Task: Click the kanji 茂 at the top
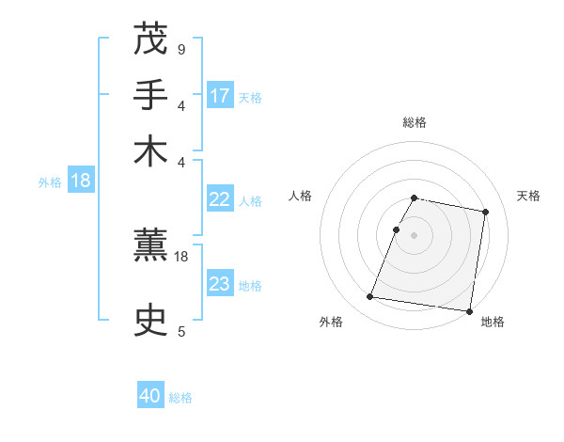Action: tap(150, 39)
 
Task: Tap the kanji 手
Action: tap(150, 95)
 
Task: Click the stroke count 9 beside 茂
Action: tap(180, 48)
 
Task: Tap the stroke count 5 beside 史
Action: tap(180, 330)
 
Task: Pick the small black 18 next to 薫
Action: tap(182, 255)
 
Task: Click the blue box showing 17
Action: tap(220, 95)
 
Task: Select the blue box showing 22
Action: tap(220, 198)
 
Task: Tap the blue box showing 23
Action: tap(220, 283)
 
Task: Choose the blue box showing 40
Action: tap(150, 396)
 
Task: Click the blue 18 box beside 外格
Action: tap(81, 182)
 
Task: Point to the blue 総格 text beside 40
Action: tap(180, 398)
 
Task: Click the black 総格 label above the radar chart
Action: tap(415, 123)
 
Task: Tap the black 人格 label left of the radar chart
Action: tap(301, 196)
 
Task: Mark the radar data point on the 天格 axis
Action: tap(486, 212)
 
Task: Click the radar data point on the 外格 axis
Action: tap(370, 297)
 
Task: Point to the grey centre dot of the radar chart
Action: tap(415, 234)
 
